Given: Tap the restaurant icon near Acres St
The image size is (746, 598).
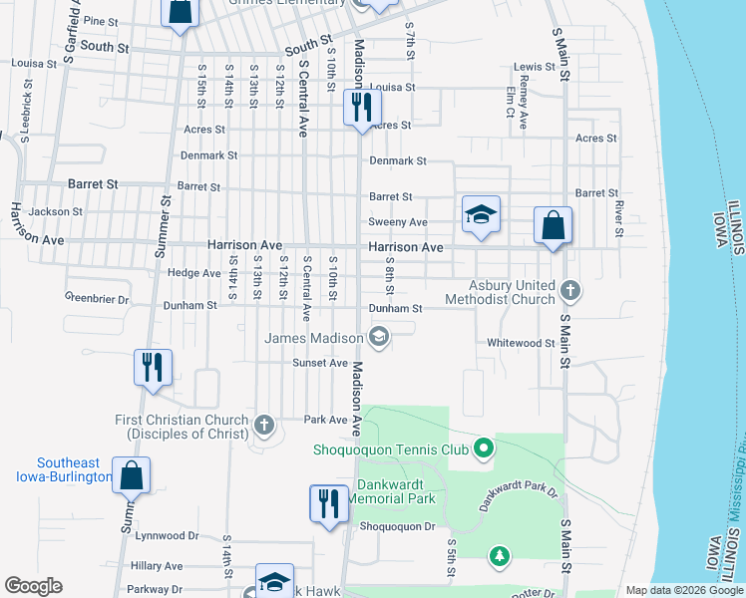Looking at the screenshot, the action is (360, 107).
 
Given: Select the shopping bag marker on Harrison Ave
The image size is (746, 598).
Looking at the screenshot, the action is (553, 225).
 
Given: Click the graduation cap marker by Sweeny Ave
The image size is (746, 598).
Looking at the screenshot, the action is (481, 214).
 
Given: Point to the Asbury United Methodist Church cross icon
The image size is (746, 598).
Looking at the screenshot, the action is (569, 291).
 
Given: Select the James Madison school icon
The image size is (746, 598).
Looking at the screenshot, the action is (378, 338).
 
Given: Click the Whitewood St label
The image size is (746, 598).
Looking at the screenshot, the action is (521, 343).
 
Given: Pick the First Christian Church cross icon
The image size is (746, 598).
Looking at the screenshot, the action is (264, 424).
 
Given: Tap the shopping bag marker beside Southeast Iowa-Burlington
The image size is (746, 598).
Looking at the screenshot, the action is (132, 475).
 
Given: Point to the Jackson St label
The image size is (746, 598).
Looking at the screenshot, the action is (56, 211).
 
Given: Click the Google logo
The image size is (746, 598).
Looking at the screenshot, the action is (33, 586).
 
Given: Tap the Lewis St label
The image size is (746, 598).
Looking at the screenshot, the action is (534, 67).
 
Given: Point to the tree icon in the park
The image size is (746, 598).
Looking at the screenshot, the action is (499, 554).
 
